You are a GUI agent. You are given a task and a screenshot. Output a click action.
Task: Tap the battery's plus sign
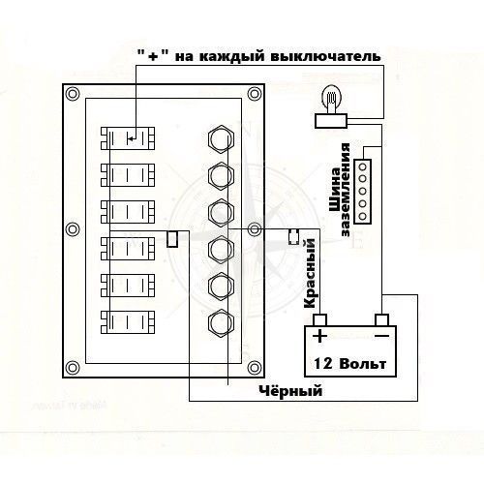(320, 336)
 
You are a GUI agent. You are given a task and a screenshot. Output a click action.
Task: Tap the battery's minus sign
(381, 336)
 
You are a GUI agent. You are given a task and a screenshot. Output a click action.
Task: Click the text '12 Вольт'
(350, 364)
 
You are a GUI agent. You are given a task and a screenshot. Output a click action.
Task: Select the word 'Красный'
(310, 273)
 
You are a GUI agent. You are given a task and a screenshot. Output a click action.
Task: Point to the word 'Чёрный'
(290, 391)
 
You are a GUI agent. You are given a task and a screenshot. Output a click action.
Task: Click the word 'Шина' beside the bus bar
(336, 190)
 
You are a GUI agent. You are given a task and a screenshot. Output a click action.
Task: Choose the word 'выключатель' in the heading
(325, 57)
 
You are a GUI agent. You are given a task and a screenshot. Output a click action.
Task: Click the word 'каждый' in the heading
(231, 57)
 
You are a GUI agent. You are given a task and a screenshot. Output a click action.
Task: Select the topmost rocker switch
(128, 138)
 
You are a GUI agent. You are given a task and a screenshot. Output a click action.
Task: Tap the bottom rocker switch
(128, 322)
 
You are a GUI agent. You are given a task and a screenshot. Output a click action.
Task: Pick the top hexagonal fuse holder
(221, 139)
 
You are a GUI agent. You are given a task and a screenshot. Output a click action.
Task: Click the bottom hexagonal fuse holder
(221, 323)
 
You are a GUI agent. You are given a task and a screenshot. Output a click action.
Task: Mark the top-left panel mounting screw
(73, 94)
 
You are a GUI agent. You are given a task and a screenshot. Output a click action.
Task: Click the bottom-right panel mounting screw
(255, 368)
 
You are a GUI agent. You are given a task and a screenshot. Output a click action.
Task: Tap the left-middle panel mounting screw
(73, 229)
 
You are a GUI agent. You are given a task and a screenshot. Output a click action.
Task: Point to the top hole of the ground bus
(363, 166)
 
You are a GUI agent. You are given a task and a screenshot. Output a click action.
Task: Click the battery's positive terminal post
(319, 320)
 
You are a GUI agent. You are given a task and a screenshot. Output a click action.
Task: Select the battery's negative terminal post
(381, 320)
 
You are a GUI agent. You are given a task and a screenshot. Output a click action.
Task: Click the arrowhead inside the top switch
(130, 139)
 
